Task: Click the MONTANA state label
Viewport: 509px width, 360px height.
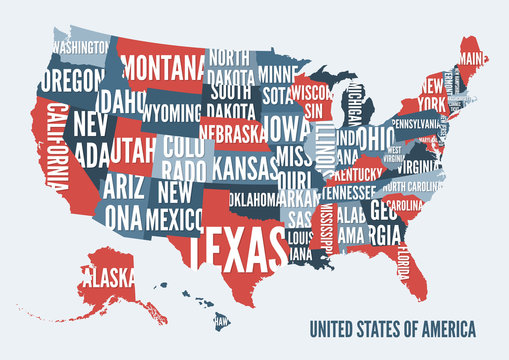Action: tap(165, 68)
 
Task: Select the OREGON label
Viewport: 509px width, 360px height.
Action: tap(72, 79)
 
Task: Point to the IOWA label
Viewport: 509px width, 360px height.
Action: tap(287, 129)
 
